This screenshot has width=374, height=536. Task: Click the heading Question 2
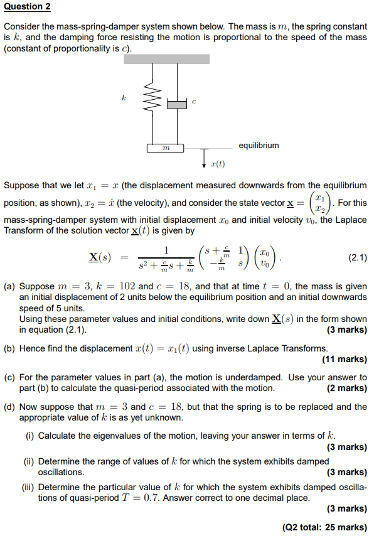pyautogui.click(x=27, y=7)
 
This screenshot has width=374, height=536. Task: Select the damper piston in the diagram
pyautogui.click(x=178, y=103)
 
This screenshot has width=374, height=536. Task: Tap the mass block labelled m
pyautogui.click(x=165, y=149)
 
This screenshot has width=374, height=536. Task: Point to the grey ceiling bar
pyautogui.click(x=166, y=59)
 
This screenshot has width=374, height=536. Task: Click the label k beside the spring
pyautogui.click(x=124, y=98)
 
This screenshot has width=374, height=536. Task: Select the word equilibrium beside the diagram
pyautogui.click(x=259, y=146)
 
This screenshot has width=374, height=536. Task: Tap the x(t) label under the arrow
pyautogui.click(x=218, y=164)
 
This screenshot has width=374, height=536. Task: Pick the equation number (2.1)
pyautogui.click(x=355, y=257)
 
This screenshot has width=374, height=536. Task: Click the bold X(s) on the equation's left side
pyautogui.click(x=100, y=258)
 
